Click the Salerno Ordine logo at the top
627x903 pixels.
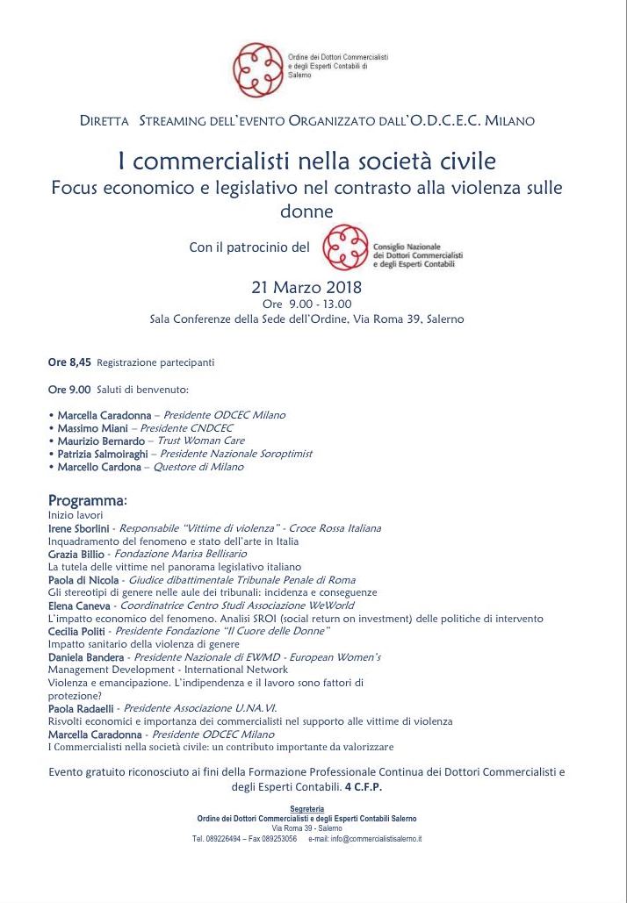(x=255, y=63)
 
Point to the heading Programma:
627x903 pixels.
(x=88, y=501)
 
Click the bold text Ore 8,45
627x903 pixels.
(x=69, y=362)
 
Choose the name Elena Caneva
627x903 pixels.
(x=78, y=606)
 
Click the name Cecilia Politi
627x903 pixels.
(x=77, y=631)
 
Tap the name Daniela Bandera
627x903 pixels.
(x=85, y=657)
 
